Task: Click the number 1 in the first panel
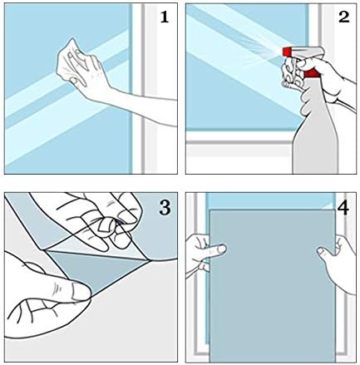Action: pos(165,17)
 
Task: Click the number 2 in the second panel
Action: pos(343,17)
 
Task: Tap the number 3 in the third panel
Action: pos(165,207)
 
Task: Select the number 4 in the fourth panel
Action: pos(343,208)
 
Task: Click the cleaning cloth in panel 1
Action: pos(69,60)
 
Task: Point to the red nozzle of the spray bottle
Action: pos(287,52)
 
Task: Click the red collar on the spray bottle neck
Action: pos(312,73)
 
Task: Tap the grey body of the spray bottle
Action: pos(315,131)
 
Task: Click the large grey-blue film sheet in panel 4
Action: pos(272,285)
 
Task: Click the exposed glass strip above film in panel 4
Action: pos(270,201)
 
